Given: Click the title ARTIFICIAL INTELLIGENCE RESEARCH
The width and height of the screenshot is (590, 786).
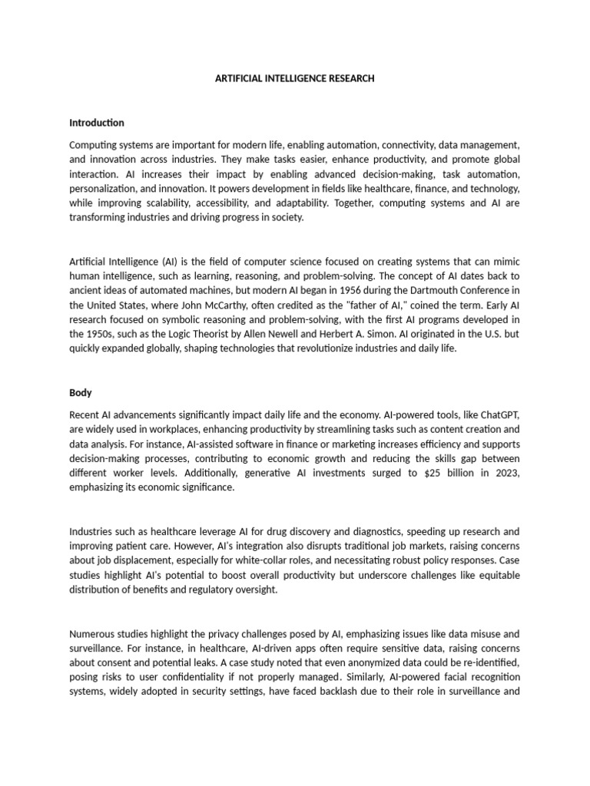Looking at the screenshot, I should coord(295,78).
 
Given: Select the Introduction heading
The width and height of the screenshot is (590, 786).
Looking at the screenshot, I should coord(97,123).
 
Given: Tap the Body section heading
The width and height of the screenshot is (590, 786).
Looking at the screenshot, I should coord(81,392).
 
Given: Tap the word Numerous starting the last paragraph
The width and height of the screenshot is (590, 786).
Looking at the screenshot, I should coord(94,633).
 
